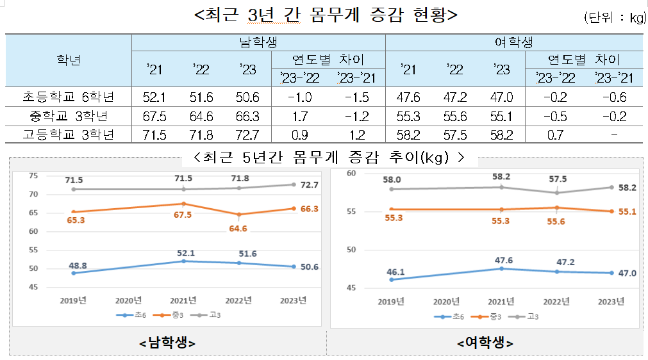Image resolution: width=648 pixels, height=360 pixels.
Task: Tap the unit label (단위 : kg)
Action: pyautogui.click(x=613, y=18)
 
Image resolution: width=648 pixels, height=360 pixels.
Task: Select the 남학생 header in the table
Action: pyautogui.click(x=258, y=42)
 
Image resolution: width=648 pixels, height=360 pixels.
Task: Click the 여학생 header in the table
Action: pyautogui.click(x=513, y=42)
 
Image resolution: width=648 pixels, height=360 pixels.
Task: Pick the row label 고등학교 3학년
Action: pyautogui.click(x=68, y=135)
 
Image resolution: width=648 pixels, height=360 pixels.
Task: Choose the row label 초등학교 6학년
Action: pyautogui.click(x=68, y=97)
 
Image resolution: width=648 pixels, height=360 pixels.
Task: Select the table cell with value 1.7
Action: pyautogui.click(x=300, y=116)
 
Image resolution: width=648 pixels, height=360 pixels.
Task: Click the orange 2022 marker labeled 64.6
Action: pyautogui.click(x=238, y=214)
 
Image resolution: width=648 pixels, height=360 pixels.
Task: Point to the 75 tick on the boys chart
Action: pyautogui.click(x=34, y=176)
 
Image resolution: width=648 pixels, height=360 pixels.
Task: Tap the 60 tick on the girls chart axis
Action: pyautogui.click(x=351, y=174)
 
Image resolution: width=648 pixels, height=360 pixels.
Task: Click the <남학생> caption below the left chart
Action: pyautogui.click(x=167, y=343)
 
